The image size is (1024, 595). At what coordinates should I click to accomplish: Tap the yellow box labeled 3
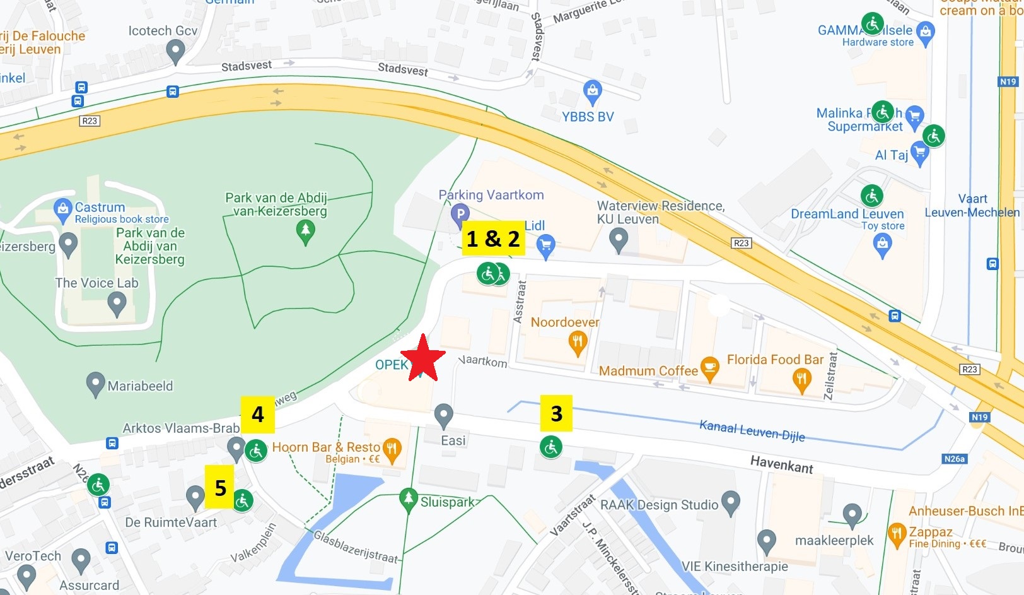[556, 413]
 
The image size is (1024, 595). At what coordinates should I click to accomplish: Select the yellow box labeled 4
[257, 414]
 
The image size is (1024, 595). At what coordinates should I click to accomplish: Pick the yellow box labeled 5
[219, 487]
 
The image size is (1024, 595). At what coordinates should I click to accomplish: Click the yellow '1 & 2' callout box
[493, 238]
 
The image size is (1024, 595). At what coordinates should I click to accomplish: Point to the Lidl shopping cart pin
[546, 245]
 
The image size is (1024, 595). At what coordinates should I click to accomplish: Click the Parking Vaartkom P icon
[460, 215]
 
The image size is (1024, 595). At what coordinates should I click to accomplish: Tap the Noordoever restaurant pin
[578, 343]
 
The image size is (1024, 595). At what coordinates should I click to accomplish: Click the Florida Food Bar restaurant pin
[801, 380]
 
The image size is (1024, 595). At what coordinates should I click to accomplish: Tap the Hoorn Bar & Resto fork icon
[392, 449]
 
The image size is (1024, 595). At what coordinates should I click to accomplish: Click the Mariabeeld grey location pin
[95, 384]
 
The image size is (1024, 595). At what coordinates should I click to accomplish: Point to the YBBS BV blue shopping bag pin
[592, 91]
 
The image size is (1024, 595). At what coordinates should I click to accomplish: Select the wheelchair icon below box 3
[551, 447]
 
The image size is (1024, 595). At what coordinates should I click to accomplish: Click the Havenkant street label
[781, 465]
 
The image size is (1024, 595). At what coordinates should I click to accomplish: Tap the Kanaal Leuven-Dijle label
[752, 430]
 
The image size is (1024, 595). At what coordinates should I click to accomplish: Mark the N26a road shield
[954, 459]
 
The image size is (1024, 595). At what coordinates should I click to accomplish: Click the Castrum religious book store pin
[62, 209]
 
